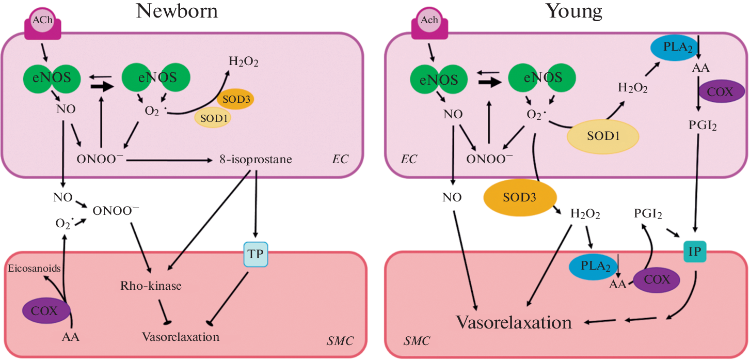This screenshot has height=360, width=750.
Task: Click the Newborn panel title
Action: (x=177, y=11)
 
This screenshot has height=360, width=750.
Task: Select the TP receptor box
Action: (x=256, y=254)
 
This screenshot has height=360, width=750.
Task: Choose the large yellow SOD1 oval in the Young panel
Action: (x=603, y=136)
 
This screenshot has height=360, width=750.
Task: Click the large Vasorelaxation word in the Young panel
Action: (x=514, y=323)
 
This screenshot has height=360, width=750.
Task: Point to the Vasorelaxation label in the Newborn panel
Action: (x=181, y=337)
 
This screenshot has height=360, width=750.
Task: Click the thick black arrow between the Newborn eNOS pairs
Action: (x=102, y=86)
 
